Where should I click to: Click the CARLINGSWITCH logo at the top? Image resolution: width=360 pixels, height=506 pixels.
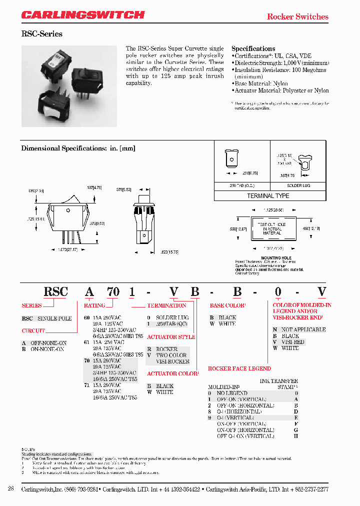coord(83,15)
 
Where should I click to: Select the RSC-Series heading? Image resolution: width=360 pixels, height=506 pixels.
coord(41,34)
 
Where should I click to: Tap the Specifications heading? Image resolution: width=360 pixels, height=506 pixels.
coord(253,48)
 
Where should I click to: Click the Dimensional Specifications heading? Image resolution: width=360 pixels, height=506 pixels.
coord(78,148)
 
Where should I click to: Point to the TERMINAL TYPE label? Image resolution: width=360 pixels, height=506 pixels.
coord(268,196)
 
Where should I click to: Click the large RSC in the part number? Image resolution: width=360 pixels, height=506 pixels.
coord(55,292)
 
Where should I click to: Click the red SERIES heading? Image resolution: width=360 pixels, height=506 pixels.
coord(31,305)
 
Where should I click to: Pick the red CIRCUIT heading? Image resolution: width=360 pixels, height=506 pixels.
coord(33,330)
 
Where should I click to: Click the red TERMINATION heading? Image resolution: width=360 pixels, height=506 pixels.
coord(166,305)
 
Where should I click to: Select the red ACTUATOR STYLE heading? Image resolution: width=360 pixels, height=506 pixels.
coord(170,337)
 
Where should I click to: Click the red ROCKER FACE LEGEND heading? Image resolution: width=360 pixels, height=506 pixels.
coord(239,368)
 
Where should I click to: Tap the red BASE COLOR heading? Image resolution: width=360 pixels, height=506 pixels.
coord(227,305)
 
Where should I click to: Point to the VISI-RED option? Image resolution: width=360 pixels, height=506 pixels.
coord(292,342)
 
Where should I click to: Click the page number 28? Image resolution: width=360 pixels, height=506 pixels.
coord(10,488)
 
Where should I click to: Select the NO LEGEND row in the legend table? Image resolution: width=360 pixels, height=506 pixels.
coord(232,393)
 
